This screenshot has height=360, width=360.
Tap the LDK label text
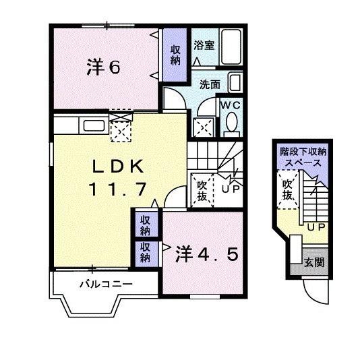pyautogui.click(x=117, y=166)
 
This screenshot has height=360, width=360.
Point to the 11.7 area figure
pyautogui.click(x=117, y=189)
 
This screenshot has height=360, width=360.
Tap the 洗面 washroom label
pyautogui.click(x=210, y=85)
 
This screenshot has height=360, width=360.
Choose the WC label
pyautogui.click(x=231, y=105)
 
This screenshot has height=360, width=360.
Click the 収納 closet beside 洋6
pyautogui.click(x=175, y=55)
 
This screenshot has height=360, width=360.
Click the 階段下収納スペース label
pyautogui.click(x=302, y=158)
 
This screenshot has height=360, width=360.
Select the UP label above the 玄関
pyautogui.click(x=314, y=227)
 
